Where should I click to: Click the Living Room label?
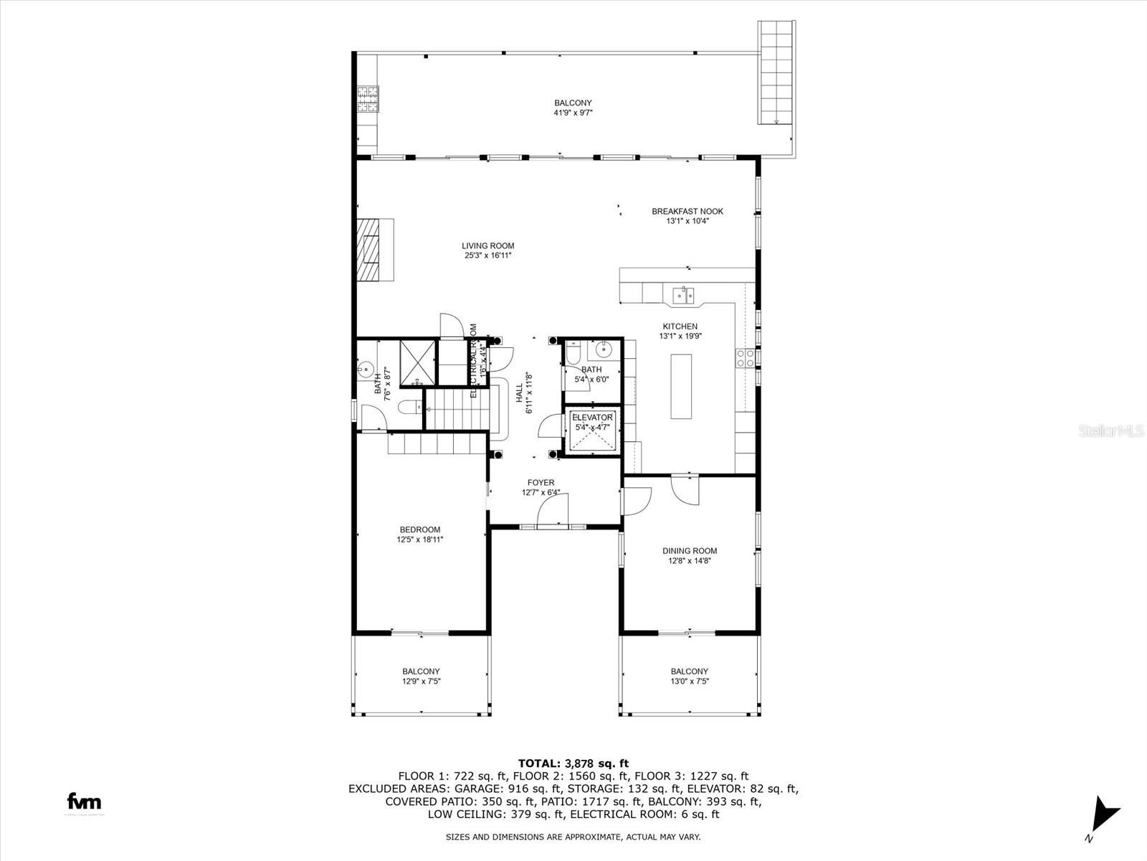pyautogui.click(x=487, y=246)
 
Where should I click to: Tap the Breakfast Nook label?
pyautogui.click(x=687, y=212)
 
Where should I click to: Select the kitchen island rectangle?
pyautogui.click(x=682, y=386)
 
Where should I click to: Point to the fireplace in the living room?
pyautogui.click(x=375, y=250)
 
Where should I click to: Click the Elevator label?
pyautogui.click(x=592, y=418)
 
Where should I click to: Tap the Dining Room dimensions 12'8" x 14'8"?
pyautogui.click(x=690, y=561)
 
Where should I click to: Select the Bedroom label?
pyautogui.click(x=420, y=530)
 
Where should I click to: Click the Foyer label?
pyautogui.click(x=541, y=483)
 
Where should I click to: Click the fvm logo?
pyautogui.click(x=84, y=802)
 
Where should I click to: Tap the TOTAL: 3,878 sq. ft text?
pyautogui.click(x=573, y=763)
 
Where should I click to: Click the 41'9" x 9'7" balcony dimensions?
pyautogui.click(x=573, y=113)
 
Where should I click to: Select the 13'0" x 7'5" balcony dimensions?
pyautogui.click(x=689, y=682)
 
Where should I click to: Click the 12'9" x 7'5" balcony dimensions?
pyautogui.click(x=421, y=682)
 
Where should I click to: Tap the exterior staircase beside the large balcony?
pyautogui.click(x=777, y=72)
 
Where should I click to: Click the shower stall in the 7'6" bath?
pyautogui.click(x=417, y=361)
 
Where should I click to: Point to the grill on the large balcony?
pyautogui.click(x=368, y=100)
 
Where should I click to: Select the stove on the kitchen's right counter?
pyautogui.click(x=745, y=358)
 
